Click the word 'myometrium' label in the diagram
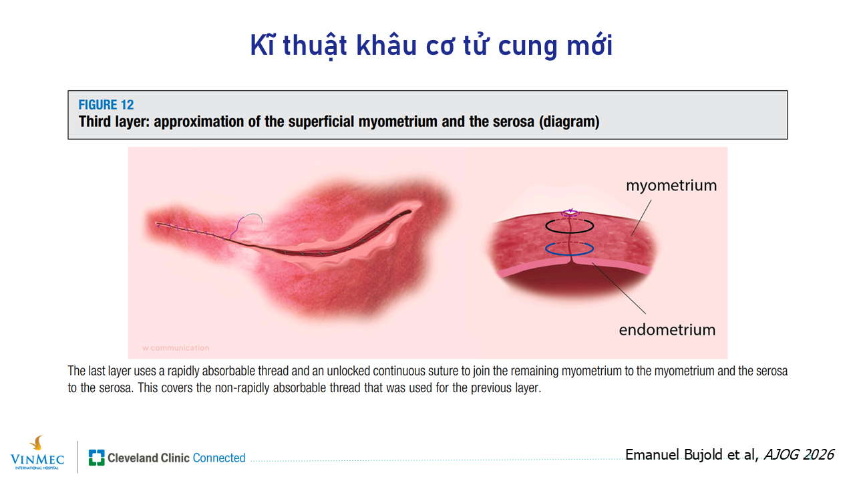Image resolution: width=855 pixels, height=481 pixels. click(x=671, y=186)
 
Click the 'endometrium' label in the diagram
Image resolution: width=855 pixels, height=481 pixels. click(x=667, y=330)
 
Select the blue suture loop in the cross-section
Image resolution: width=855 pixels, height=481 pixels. click(x=570, y=254)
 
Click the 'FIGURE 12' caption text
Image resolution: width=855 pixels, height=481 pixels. click(x=106, y=105)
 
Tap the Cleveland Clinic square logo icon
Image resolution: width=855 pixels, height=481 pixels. click(x=97, y=458)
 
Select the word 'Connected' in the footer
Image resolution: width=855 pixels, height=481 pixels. click(x=219, y=458)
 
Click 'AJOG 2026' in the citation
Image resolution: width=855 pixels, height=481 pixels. click(x=798, y=455)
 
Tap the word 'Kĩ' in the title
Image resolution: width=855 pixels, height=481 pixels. click(x=263, y=45)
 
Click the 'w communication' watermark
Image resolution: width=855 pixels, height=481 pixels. click(x=176, y=348)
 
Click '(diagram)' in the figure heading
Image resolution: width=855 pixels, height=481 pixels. click(x=569, y=122)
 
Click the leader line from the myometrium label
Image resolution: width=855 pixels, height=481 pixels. click(x=641, y=218)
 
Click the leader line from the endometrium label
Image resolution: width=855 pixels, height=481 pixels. click(x=619, y=288)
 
